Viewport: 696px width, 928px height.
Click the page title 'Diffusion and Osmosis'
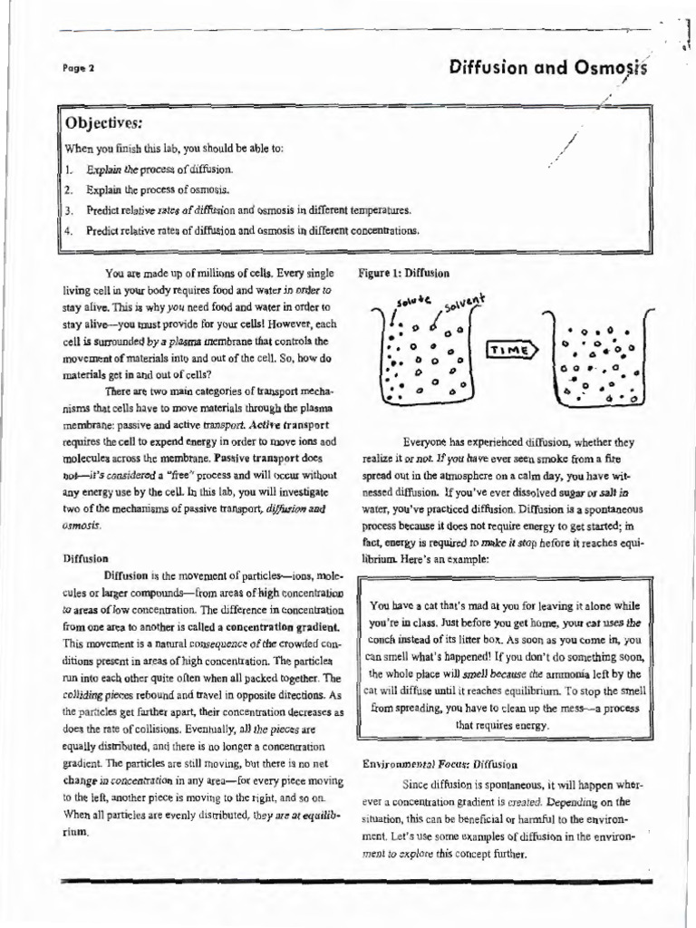549,68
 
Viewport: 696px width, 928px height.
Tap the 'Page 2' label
79,69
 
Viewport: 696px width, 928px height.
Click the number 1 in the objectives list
68,169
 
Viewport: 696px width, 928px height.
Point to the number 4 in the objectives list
68,230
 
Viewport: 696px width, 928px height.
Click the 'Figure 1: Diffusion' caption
403,272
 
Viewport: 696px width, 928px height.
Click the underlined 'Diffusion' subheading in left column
86,559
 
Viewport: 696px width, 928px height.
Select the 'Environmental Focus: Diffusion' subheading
440,764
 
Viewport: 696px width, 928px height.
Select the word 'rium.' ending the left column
76,830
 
